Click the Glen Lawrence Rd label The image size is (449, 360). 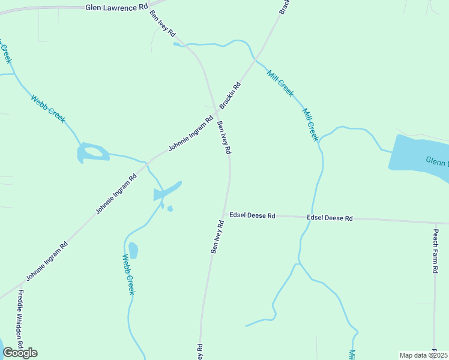click(116, 7)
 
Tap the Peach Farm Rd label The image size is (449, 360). click(436, 250)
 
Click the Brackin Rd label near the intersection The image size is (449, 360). click(230, 95)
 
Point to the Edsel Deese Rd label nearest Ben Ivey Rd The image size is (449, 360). click(252, 215)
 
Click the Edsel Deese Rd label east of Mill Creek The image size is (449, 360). click(330, 218)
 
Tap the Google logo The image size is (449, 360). click(20, 353)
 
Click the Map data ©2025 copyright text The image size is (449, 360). click(423, 355)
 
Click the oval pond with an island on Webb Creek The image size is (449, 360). click(92, 153)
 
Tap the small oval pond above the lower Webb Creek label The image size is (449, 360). click(133, 250)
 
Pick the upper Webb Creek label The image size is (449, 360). click(47, 109)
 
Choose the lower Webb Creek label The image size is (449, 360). click(128, 275)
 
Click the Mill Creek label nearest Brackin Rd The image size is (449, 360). click(280, 83)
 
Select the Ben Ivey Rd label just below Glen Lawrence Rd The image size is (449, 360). click(162, 23)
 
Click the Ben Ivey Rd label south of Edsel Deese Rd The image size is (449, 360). click(217, 237)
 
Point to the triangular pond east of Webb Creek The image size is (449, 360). click(166, 191)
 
